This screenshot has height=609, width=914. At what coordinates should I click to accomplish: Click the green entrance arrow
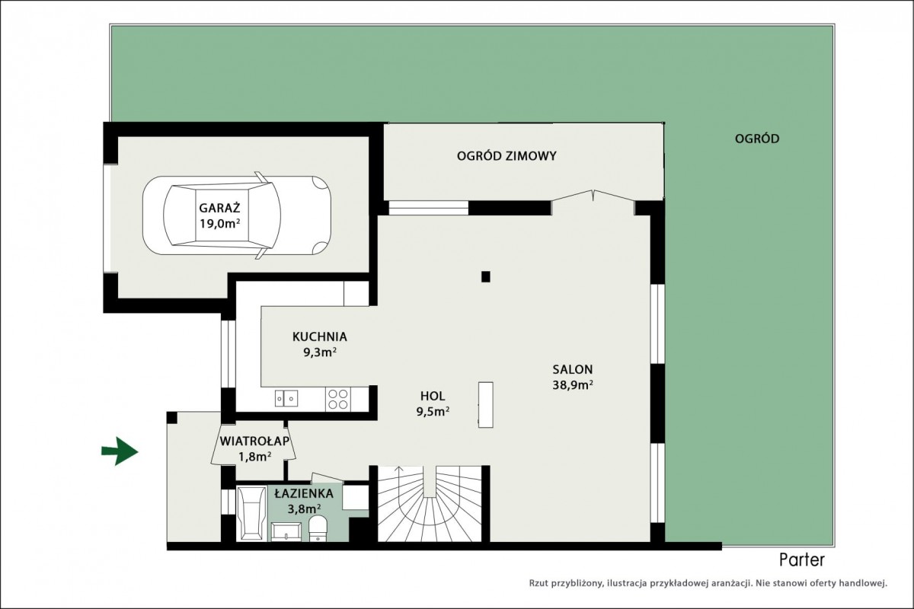tap(120, 451)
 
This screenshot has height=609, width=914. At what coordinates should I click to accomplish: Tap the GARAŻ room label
tap(219, 208)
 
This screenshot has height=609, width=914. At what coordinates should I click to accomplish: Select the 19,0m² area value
tap(219, 224)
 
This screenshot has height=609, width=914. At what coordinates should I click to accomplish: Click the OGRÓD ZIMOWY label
tap(507, 156)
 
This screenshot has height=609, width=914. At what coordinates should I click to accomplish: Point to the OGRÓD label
tap(757, 139)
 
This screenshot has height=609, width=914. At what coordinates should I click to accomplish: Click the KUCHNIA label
tap(319, 337)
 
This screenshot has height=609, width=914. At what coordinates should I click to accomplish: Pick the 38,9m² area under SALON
tap(573, 385)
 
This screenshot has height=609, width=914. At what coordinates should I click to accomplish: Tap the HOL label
tap(433, 396)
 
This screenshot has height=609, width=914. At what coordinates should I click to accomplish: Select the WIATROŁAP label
tap(254, 441)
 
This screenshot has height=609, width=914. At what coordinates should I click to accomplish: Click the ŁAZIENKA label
tap(304, 493)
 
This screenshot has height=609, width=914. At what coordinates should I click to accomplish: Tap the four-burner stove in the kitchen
tap(338, 399)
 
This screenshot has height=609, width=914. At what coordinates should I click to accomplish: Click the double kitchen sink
tap(286, 399)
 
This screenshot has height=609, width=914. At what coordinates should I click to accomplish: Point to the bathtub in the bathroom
tap(252, 513)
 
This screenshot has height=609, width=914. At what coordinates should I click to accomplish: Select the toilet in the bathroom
tap(318, 528)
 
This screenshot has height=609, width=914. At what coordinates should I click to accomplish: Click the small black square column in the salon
tap(486, 276)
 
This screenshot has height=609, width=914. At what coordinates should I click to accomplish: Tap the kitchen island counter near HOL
tap(486, 405)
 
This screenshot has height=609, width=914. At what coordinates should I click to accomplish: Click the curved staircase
tap(430, 504)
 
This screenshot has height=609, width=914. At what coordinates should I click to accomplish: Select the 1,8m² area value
tap(254, 457)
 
